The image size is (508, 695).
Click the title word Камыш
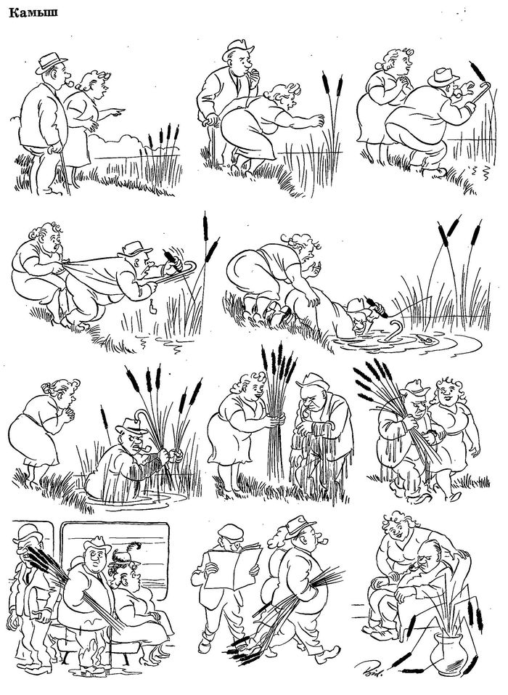[33, 14]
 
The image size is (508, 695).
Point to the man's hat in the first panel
[51, 62]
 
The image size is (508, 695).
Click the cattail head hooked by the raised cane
[478, 71]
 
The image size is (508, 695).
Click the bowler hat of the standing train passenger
[25, 532]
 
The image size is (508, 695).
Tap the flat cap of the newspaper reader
[230, 530]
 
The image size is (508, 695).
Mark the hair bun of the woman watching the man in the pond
[47, 388]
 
